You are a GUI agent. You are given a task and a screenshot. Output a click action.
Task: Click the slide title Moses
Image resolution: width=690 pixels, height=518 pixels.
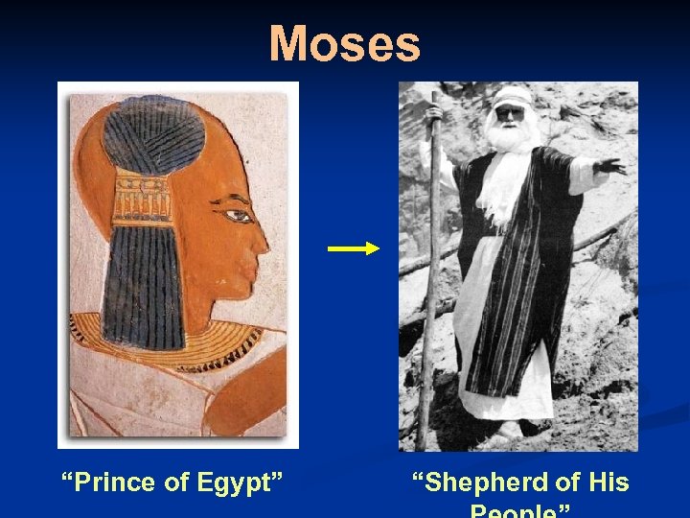click(x=344, y=44)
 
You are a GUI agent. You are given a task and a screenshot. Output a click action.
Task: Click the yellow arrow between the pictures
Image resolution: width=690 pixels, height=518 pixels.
click(x=353, y=248)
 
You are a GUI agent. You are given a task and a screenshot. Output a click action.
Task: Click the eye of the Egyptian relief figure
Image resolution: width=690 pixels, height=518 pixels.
click(x=234, y=214)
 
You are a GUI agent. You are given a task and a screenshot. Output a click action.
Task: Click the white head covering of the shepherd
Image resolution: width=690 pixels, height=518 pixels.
click(x=513, y=96)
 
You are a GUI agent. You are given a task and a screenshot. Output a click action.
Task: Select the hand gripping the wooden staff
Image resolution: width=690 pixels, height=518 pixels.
click(x=433, y=114)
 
